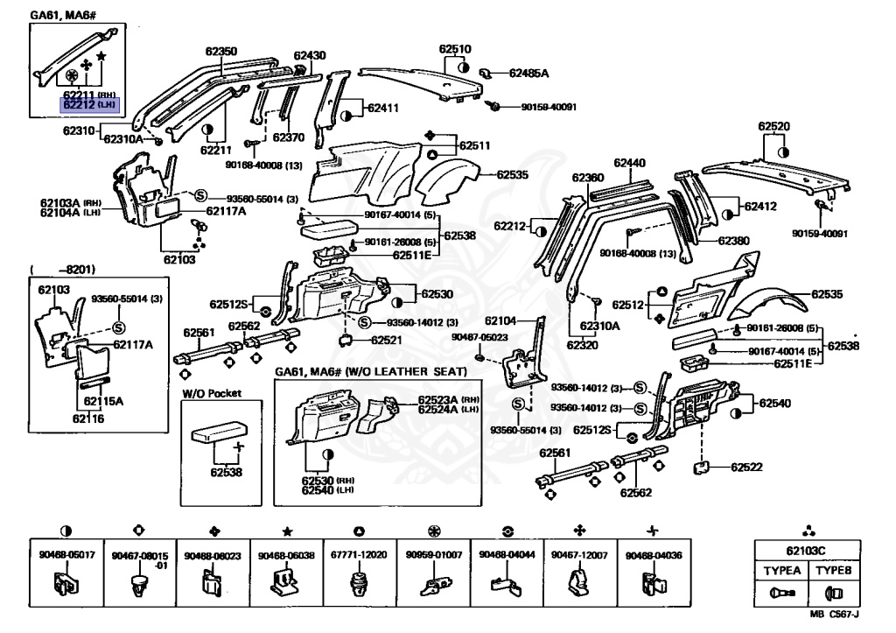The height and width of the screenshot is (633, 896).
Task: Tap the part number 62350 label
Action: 220,53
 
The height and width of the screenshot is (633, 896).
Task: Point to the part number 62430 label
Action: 309,55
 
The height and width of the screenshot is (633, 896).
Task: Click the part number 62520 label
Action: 773,126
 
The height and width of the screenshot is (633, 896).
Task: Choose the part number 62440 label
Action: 629,163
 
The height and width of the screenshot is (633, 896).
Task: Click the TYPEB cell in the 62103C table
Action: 832,569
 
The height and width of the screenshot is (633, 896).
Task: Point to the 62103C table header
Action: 807,551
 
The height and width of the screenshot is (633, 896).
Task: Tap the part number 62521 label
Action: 386,340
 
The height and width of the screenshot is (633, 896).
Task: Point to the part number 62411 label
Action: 382,109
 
